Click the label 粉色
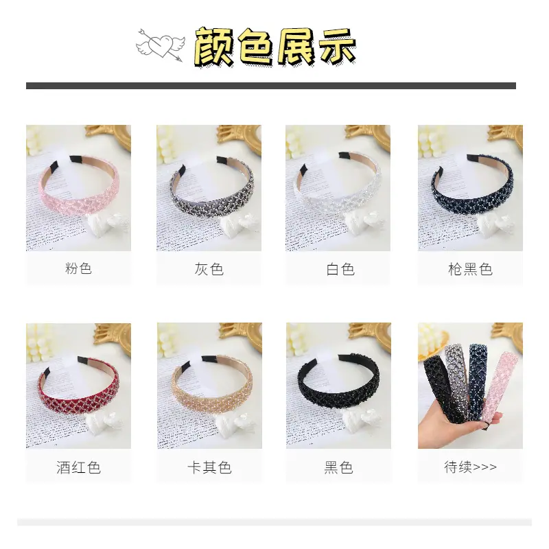coord(78,268)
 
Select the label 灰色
coord(209,269)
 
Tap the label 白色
coord(340,269)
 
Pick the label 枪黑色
coord(470,269)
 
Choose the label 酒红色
coord(78,467)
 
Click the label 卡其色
coord(209,467)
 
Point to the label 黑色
coord(338,467)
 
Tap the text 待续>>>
coord(470,467)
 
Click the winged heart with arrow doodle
coord(159,45)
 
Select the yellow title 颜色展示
coord(275,47)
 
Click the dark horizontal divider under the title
coord(271,86)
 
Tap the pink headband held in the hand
coord(499,385)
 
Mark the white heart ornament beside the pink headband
coord(107,224)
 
